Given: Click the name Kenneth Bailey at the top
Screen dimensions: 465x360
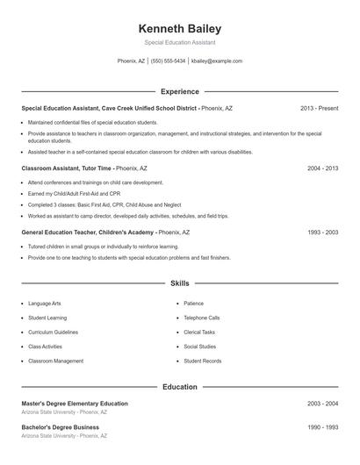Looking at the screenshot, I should [180, 28].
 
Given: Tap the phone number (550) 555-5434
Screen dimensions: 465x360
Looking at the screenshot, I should [169, 61].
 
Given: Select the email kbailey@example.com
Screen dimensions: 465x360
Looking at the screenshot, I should [216, 61].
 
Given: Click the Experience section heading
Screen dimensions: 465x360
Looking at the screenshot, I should [180, 91].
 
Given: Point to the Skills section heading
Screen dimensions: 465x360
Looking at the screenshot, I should [180, 283].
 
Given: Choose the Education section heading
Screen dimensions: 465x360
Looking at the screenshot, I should [180, 386].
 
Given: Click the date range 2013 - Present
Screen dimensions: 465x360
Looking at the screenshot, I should [319, 108].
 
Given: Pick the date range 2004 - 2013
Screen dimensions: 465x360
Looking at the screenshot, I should [322, 167].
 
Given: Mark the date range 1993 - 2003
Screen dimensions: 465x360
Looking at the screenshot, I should [322, 232].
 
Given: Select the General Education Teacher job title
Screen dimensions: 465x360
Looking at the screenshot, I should [88, 232].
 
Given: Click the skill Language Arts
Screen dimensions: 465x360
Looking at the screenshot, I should [46, 304].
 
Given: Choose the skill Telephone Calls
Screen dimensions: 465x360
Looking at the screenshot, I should [202, 318].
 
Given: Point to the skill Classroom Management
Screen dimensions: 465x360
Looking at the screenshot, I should [56, 361].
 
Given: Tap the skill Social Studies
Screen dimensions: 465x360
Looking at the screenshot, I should [200, 347].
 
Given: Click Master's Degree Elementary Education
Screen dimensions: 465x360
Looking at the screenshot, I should [75, 404].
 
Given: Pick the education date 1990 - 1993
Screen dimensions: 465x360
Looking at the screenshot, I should [322, 427].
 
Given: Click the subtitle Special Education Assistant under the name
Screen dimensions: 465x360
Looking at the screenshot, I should [180, 42].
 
